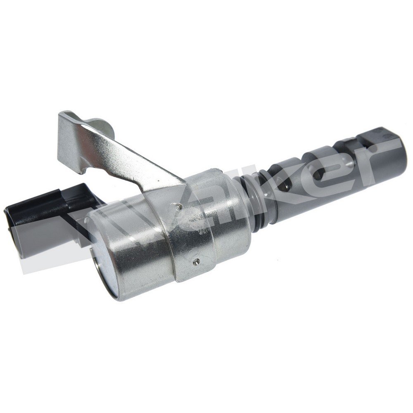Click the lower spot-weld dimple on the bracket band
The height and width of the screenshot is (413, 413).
(x=197, y=261)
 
